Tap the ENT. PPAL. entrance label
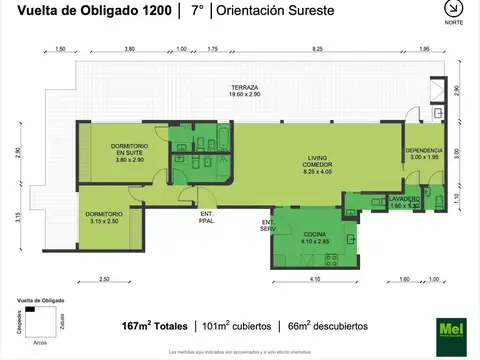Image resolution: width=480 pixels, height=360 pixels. pos(207,219)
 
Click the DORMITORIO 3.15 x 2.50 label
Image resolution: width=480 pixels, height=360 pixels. pos(104,216)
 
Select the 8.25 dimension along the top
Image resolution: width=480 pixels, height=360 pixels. pos(317,49)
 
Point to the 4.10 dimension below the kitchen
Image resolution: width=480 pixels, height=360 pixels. pos(315,279)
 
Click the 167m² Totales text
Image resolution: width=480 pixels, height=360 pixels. pos(153,325)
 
